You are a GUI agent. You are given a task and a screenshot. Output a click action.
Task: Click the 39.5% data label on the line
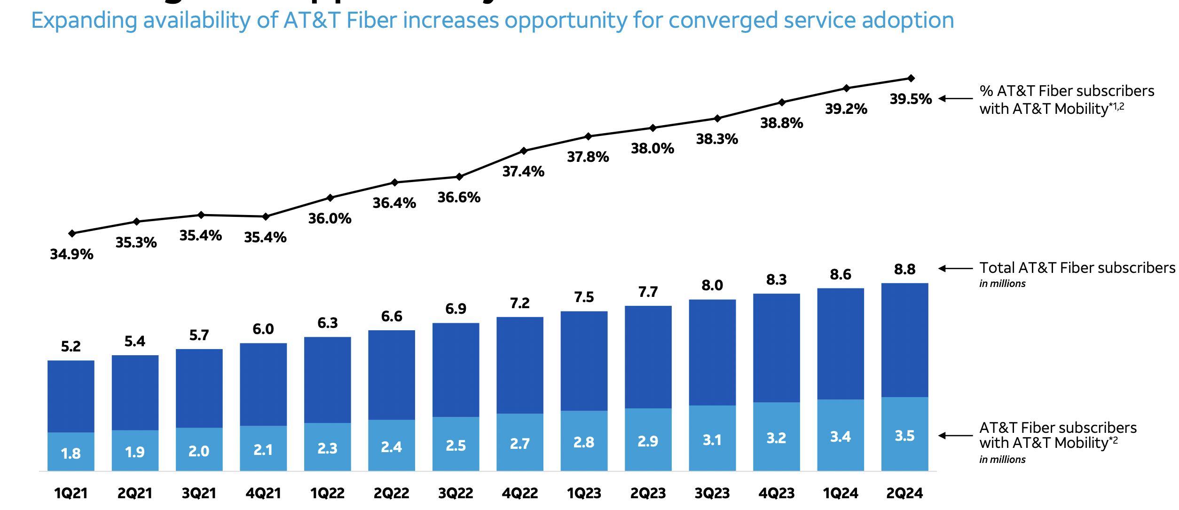(910, 99)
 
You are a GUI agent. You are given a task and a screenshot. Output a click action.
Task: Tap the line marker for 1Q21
(72, 233)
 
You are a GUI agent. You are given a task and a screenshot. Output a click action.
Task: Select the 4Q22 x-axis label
(519, 493)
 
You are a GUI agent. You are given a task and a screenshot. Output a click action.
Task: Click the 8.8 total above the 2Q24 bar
(904, 270)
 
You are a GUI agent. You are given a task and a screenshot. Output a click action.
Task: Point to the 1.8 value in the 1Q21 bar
(71, 454)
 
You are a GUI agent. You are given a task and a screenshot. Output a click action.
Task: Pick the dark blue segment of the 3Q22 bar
(456, 370)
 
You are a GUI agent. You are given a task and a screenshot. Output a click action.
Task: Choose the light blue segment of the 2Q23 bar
(648, 440)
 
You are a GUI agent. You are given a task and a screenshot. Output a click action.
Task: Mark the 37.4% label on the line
(523, 171)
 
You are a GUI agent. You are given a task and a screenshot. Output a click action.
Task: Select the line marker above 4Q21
(266, 216)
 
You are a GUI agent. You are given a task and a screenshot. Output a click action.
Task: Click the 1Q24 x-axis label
(840, 493)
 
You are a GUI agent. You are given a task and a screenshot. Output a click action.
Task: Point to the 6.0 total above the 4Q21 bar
(263, 329)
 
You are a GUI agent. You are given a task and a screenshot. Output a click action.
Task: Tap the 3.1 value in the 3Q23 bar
(712, 440)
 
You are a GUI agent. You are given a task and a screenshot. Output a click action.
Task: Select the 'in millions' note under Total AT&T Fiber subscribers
(1002, 284)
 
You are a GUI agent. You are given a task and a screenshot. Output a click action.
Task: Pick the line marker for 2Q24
(911, 78)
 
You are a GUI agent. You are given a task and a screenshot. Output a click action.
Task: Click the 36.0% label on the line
(330, 218)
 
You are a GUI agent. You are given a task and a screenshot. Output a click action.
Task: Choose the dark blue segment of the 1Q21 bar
(71, 396)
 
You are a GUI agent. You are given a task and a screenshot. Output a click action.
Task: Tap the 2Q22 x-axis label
(391, 493)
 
